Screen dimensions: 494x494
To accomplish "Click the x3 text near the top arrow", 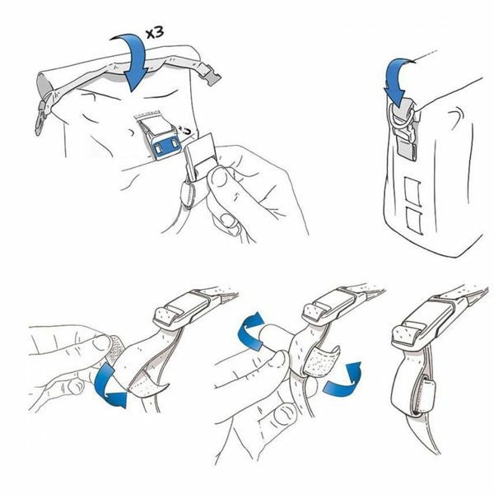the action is [155, 33].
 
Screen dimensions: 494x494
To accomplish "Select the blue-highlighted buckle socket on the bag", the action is [166, 146].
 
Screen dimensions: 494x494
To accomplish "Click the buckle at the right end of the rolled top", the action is [209, 75].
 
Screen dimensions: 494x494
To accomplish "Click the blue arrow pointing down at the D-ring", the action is [396, 82].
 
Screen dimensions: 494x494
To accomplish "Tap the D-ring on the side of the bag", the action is [399, 117].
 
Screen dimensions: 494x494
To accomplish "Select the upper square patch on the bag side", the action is [412, 192].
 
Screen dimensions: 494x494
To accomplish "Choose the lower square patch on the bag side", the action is [413, 221].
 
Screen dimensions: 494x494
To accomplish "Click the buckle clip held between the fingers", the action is [198, 157].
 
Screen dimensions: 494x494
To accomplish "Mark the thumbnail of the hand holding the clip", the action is [219, 178].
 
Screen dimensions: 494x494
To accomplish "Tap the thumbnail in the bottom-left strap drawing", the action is [102, 343].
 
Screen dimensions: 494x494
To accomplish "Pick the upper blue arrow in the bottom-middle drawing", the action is [251, 330].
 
